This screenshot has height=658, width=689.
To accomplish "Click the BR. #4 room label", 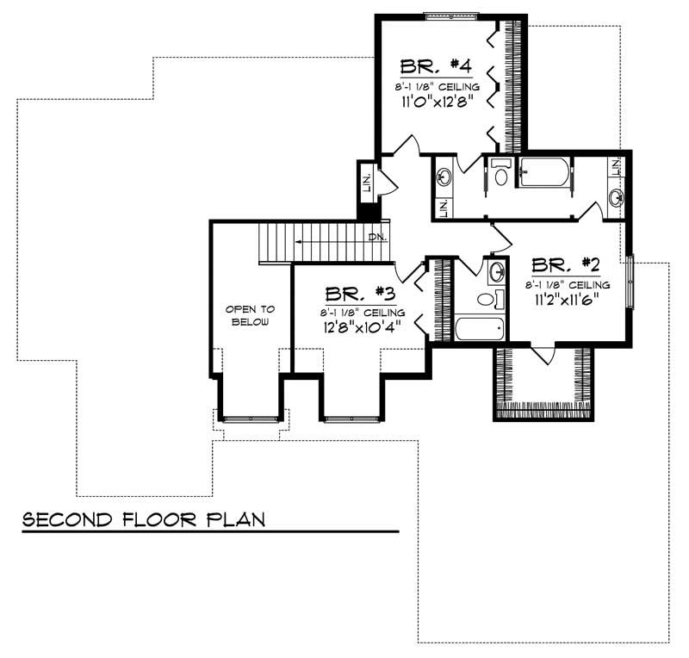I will [x=434, y=66].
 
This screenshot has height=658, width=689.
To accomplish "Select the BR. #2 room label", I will [x=565, y=264].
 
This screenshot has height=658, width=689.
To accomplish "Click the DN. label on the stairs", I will [x=376, y=236].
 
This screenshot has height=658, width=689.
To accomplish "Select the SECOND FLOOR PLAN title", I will [x=143, y=520].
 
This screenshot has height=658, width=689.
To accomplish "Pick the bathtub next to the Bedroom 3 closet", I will [x=478, y=329].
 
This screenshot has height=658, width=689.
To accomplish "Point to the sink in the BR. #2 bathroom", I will [x=497, y=274].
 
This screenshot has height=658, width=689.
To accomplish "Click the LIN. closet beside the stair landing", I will [x=366, y=183].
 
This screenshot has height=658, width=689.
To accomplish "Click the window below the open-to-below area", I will [x=251, y=418].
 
